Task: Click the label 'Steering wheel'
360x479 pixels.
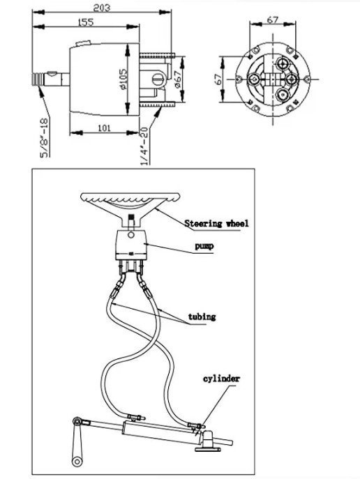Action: pyautogui.click(x=216, y=224)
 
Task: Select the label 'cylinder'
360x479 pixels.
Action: pyautogui.click(x=220, y=379)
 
